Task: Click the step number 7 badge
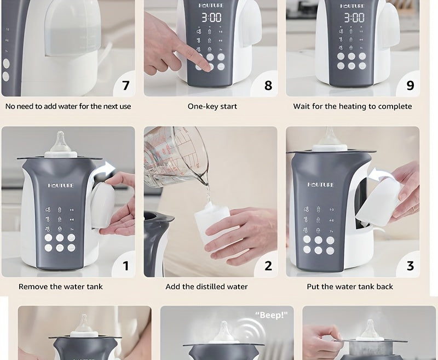pos(125,85)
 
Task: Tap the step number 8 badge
pos(268,85)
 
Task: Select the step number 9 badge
pos(410,85)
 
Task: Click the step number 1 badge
pos(125,266)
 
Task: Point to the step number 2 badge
pos(268,266)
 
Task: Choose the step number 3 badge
pos(410,266)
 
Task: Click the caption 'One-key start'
pos(212,106)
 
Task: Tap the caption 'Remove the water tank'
pos(61,287)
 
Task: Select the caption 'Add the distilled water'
pos(206,287)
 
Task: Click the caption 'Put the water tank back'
pos(350,287)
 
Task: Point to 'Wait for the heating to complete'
pos(352,106)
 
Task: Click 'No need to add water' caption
pos(68,106)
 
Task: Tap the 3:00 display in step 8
pos(211,18)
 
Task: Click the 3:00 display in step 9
pos(354,18)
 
